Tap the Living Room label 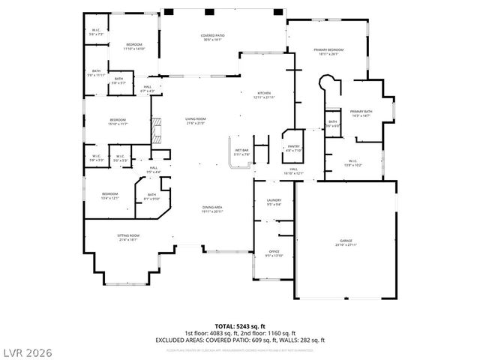(x=196, y=121)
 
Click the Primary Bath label (x=361, y=113)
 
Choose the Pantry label (x=293, y=148)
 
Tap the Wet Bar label (x=241, y=152)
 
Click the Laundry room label (x=273, y=201)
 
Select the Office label (x=274, y=253)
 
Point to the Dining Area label (x=212, y=210)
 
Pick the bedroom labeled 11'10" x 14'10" (x=134, y=46)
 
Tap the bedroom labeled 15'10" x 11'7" (x=118, y=121)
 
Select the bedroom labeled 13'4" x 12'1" (x=110, y=196)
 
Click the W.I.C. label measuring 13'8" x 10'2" (x=352, y=163)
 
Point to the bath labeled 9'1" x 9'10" (x=151, y=196)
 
